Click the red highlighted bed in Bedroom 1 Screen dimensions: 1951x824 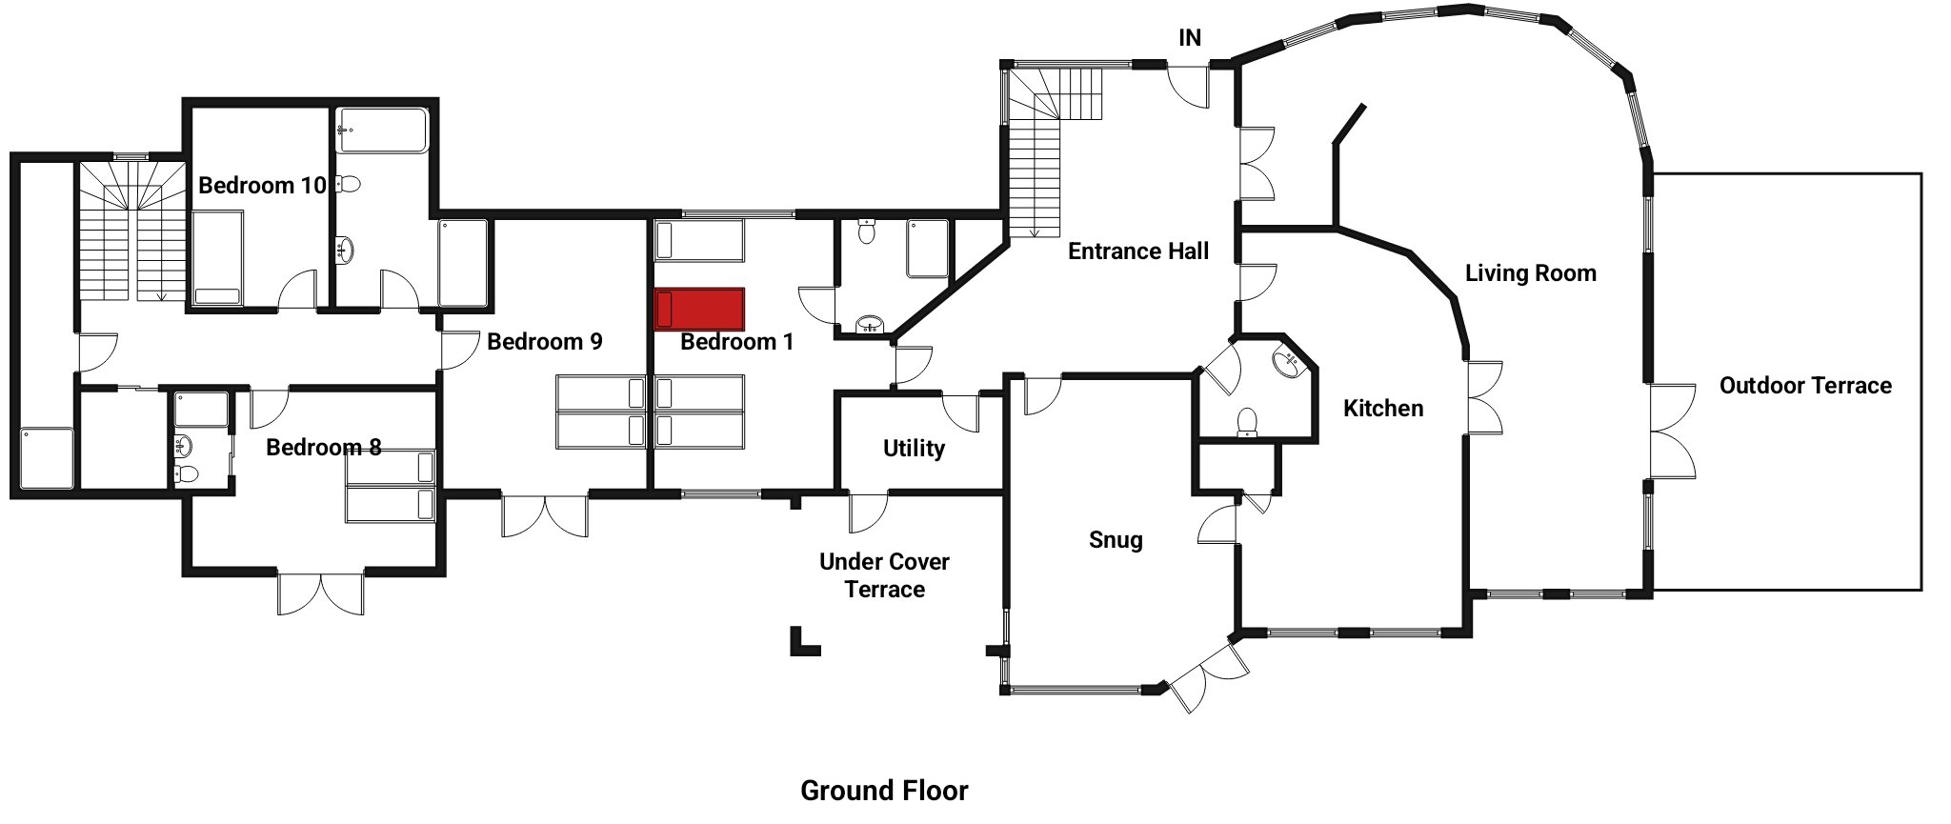click(x=699, y=311)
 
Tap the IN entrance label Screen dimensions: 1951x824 click(x=1190, y=37)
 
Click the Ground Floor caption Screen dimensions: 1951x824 click(x=884, y=790)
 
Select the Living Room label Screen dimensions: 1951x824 click(x=1530, y=273)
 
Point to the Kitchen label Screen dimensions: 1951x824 click(x=1383, y=408)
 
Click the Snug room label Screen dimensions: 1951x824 click(x=1116, y=540)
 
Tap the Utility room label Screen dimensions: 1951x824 click(x=914, y=448)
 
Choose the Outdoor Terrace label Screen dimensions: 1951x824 click(x=1805, y=385)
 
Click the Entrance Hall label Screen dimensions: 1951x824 click(x=1138, y=251)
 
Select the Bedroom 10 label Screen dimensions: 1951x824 click(x=262, y=185)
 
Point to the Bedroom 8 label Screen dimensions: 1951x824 click(x=324, y=447)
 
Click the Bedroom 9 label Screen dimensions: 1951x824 click(x=545, y=341)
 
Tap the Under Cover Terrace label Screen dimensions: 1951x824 click(x=884, y=575)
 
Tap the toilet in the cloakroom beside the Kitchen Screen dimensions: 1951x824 click(x=1246, y=423)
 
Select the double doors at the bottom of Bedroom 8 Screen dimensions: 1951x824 click(x=321, y=593)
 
